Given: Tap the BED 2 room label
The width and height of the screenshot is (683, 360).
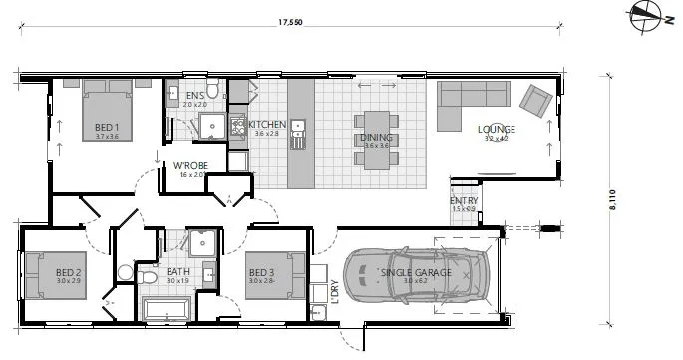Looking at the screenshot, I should tap(68, 272).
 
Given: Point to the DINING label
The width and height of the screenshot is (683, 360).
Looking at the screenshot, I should tap(376, 138).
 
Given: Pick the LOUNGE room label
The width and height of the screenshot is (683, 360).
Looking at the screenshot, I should tap(496, 129).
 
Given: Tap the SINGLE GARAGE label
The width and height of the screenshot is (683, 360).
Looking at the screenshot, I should tap(416, 272).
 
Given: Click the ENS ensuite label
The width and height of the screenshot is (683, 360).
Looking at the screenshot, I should tap(194, 96).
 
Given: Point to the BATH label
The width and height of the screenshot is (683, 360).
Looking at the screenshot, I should tap(178, 272).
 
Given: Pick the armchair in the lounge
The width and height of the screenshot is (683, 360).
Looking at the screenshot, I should tap(537, 98).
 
